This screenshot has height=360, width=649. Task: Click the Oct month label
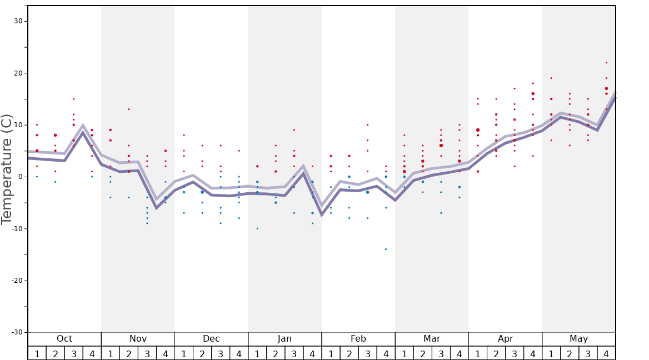coord(64,339)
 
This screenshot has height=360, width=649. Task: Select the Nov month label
coord(138,339)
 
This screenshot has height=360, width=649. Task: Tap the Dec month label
coord(211,339)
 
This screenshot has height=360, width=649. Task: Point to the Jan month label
coord(284,339)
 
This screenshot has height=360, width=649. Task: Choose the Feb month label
coord(358,339)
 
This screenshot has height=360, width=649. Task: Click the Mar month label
coord(432,339)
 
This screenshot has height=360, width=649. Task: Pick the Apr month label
coord(505,339)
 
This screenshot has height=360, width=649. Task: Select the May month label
coord(578,339)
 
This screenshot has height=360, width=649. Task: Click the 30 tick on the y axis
coord(17,21)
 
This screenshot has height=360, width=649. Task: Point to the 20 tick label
coord(17,73)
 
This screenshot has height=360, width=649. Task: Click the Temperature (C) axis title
coord(7,169)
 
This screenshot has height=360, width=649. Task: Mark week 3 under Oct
coord(73,354)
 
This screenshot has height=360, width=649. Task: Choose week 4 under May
coord(606,354)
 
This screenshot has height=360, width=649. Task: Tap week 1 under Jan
coord(257,354)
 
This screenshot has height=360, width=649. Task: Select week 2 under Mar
coord(422,354)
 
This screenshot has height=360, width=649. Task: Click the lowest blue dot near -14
coord(386,249)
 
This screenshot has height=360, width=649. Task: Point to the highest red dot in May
coord(606,62)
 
